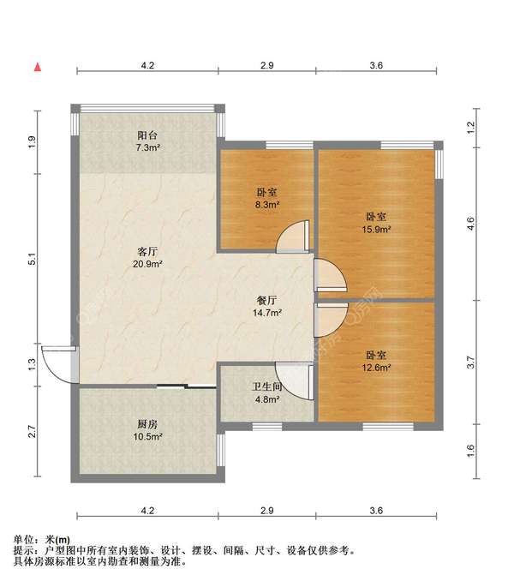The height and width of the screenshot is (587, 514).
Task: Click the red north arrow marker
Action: point(38,67)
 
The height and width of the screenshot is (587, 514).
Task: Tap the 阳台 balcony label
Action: point(147,135)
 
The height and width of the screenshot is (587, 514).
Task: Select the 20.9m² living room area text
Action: point(147,264)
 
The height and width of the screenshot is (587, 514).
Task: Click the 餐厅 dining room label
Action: point(267,300)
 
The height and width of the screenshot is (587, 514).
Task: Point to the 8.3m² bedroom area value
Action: point(267,205)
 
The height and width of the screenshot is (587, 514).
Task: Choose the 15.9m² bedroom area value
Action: point(376,229)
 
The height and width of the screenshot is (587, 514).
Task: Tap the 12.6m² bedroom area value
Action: point(376,368)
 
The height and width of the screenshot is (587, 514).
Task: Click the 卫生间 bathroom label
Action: point(267,386)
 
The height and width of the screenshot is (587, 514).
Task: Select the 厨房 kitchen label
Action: point(147,424)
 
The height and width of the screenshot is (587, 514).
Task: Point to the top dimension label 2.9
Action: point(267,65)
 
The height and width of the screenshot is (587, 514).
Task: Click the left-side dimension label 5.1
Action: point(33,259)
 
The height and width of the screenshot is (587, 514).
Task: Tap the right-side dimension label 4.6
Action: point(471,224)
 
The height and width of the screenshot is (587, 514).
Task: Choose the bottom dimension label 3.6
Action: point(376,511)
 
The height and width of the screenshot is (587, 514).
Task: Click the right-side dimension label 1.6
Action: point(471,451)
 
